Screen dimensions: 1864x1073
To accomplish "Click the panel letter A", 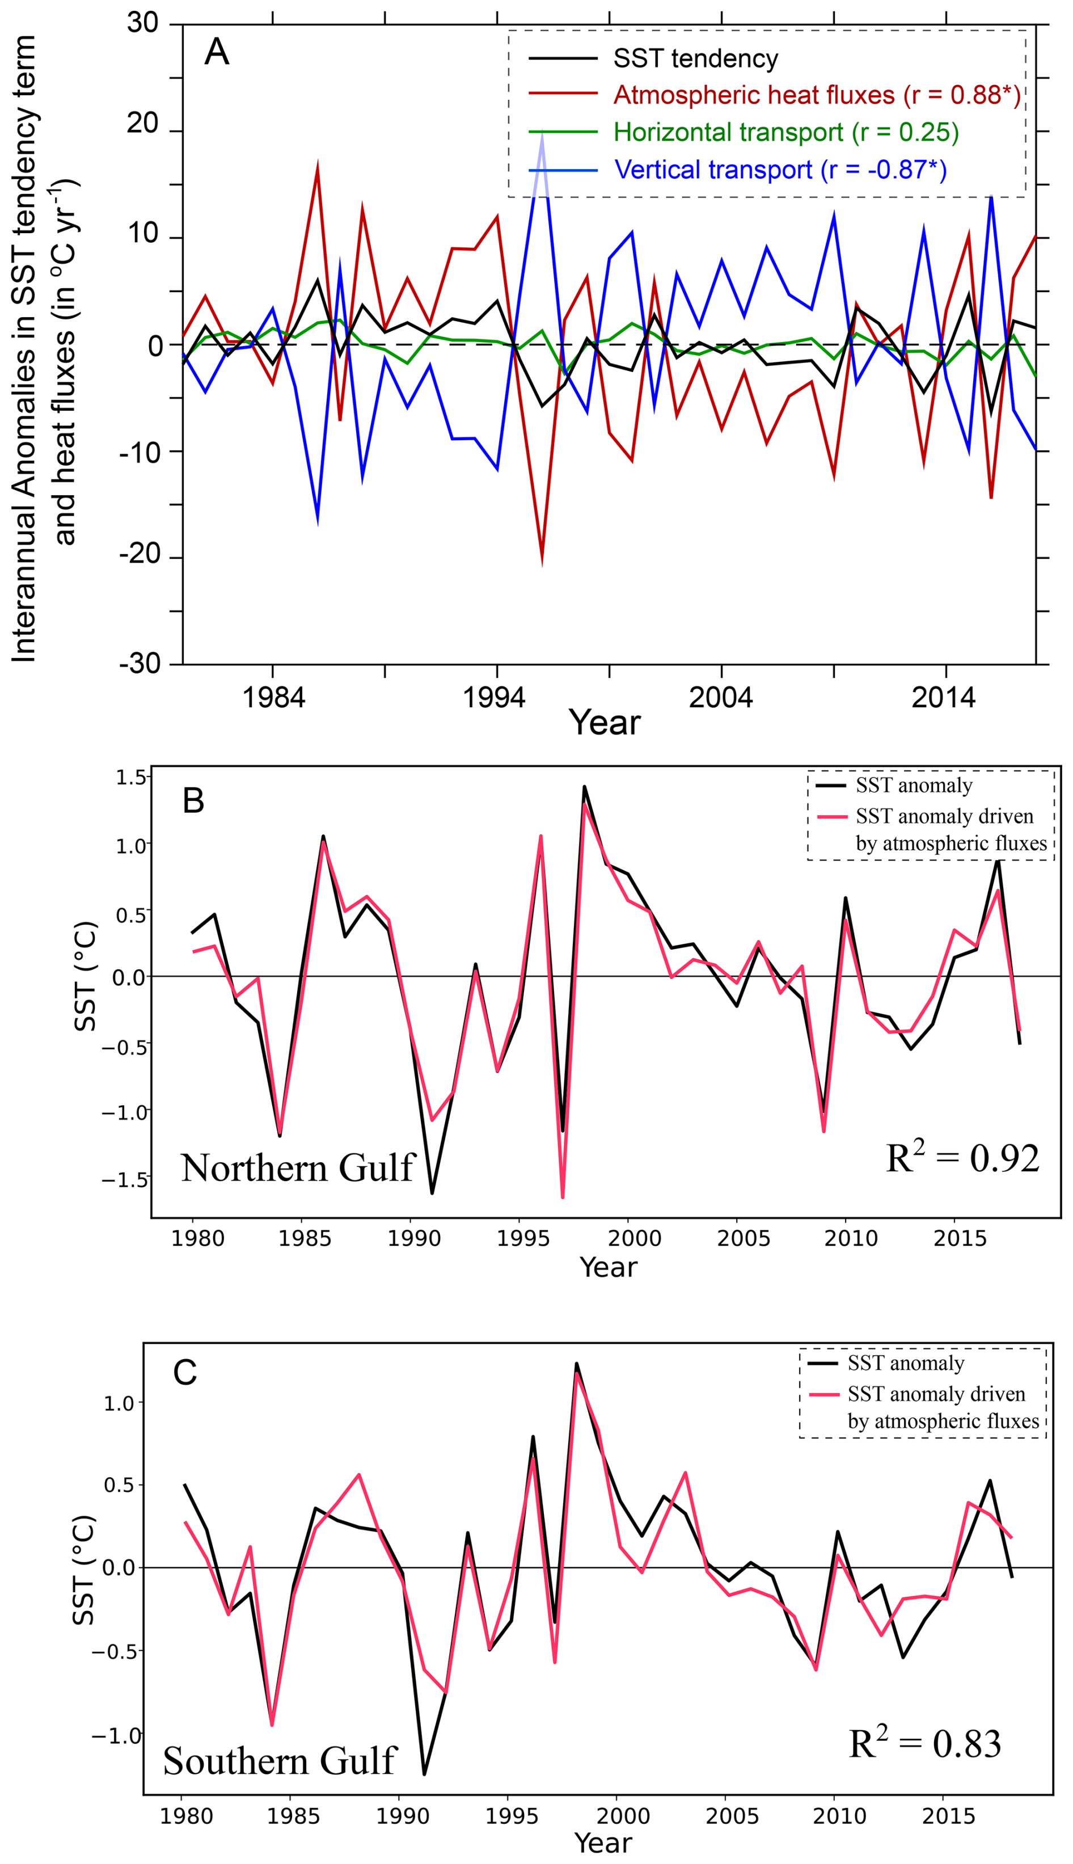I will (x=217, y=52).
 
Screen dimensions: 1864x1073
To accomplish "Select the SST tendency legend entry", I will (x=695, y=59).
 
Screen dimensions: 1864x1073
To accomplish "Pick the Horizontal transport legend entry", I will (x=785, y=132).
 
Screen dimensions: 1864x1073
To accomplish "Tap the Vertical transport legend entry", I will (x=780, y=170).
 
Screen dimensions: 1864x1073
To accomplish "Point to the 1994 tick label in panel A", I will (x=494, y=697).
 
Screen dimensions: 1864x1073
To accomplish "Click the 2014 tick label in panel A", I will (x=943, y=697).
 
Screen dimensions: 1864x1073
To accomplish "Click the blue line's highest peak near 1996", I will (x=542, y=133).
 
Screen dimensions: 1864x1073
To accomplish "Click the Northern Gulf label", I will (x=298, y=1168).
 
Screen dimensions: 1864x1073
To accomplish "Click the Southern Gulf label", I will (x=280, y=1761).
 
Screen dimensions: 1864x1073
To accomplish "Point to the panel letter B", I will (x=193, y=800).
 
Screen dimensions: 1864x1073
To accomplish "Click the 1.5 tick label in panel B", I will (x=131, y=778).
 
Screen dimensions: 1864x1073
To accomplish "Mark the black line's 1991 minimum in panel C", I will (x=424, y=1774).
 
